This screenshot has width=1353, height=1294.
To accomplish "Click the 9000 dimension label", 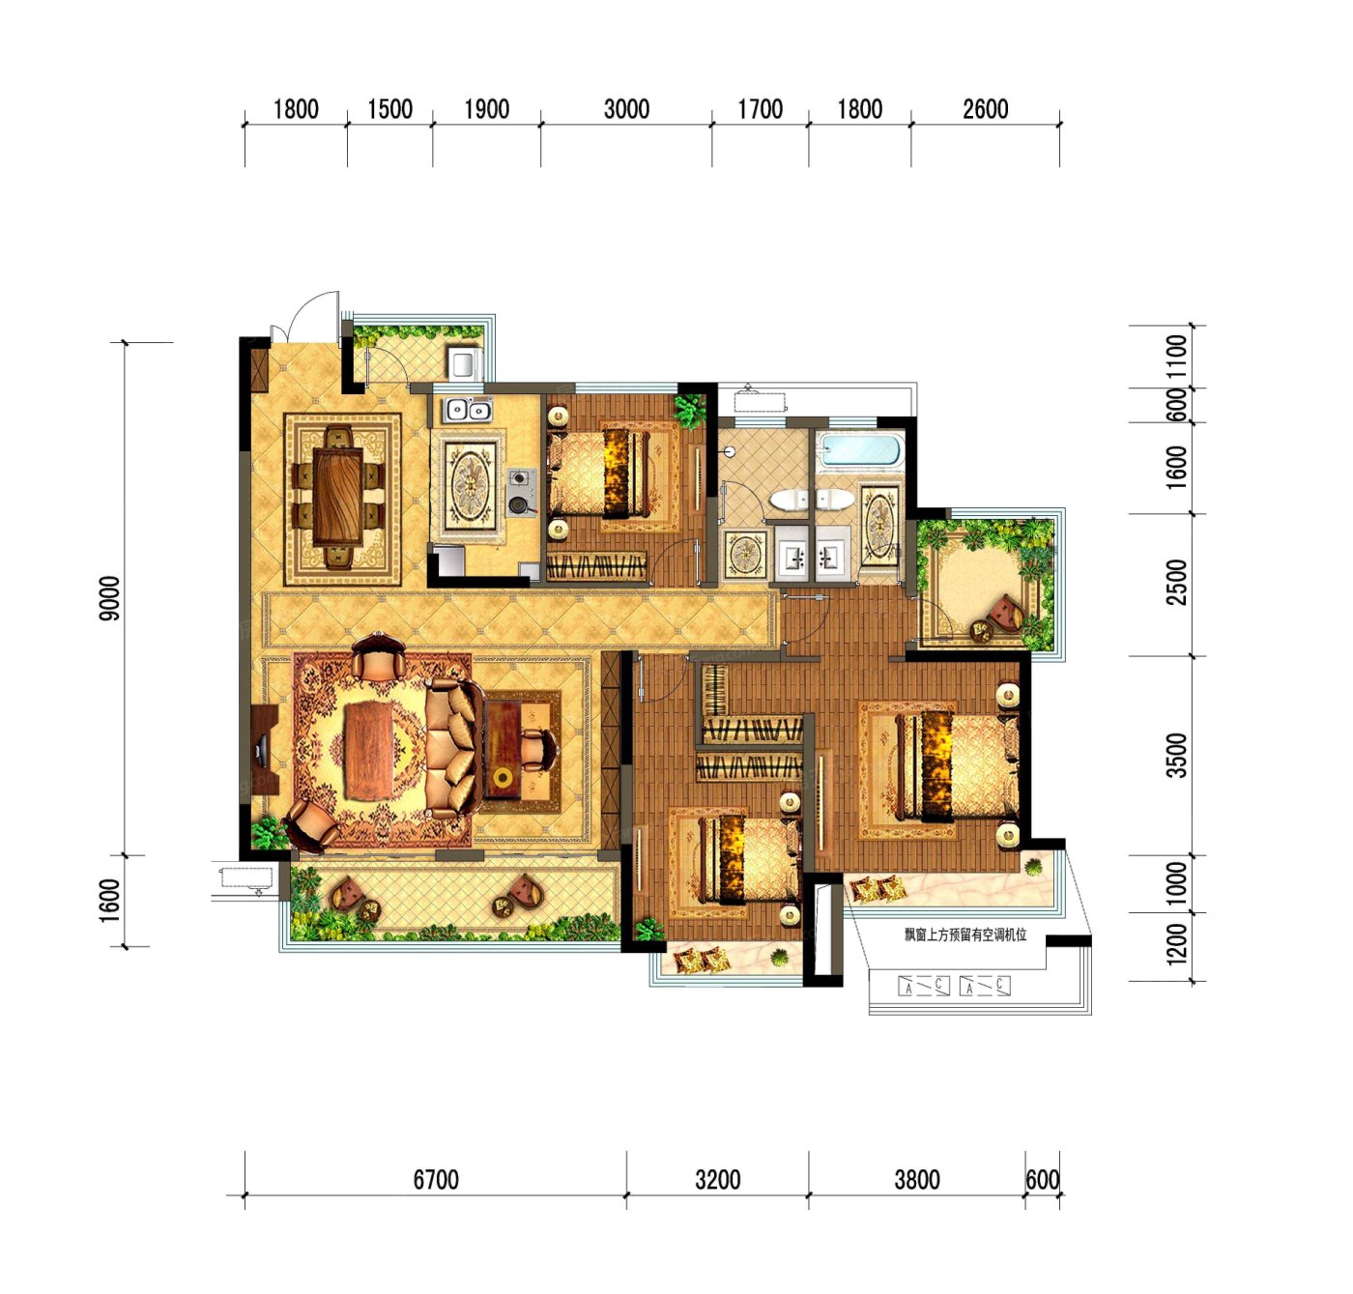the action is (x=110, y=598).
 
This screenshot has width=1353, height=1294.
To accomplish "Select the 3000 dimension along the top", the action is (x=626, y=109).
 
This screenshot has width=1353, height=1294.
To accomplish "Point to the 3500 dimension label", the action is (x=1178, y=755).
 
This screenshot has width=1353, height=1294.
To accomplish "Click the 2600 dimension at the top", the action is (x=985, y=109).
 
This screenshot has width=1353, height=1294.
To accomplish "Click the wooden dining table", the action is (x=337, y=497).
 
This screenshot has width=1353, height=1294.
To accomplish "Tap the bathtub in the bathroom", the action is (x=860, y=450).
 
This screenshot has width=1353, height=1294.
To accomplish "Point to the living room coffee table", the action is (x=368, y=750).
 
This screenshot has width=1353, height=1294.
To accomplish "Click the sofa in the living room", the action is (x=453, y=748).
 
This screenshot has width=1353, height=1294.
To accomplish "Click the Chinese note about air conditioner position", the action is (x=965, y=935).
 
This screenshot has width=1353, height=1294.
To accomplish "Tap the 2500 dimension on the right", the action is (x=1178, y=582).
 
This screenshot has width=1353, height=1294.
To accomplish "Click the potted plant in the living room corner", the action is (x=268, y=832).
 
